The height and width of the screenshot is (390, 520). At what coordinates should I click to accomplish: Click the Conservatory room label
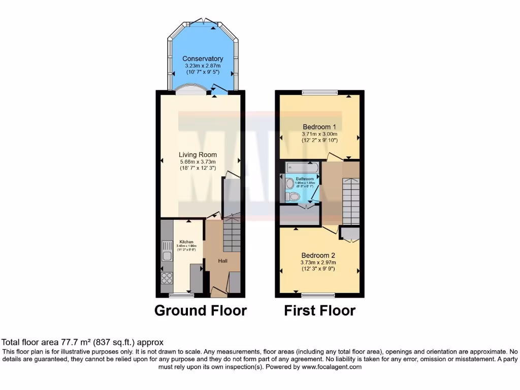tap(203, 59)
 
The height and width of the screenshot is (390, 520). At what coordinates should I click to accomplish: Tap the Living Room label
tap(198, 155)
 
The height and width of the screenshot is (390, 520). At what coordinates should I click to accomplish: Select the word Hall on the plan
tap(222, 261)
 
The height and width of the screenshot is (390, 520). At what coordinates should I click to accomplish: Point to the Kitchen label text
tap(186, 242)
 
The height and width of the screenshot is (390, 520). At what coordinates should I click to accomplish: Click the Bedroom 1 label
tap(319, 126)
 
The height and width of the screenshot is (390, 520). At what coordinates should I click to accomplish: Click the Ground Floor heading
tap(201, 310)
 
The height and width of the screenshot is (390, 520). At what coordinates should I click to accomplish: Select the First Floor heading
tap(319, 310)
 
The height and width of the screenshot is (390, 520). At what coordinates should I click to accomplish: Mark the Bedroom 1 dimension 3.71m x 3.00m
tap(319, 134)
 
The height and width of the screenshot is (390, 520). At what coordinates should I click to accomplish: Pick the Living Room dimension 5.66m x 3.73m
tap(198, 161)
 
